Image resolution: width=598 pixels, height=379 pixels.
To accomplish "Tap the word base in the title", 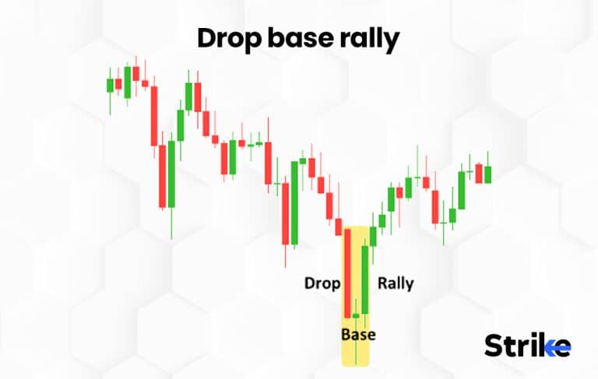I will [302, 37].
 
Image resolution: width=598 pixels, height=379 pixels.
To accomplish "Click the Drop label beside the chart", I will [321, 283].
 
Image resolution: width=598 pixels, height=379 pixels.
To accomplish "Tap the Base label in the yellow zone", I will [358, 335].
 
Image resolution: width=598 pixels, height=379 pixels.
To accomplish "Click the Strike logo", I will [527, 345].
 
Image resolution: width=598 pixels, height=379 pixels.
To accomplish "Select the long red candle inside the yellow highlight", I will [347, 272].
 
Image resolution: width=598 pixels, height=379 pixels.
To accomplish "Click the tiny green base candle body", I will [356, 315].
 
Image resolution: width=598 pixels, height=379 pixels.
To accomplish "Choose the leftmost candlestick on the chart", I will [110, 85].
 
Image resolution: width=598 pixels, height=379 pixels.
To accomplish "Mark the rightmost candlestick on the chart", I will [487, 174].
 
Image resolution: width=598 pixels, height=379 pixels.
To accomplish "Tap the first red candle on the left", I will [118, 83].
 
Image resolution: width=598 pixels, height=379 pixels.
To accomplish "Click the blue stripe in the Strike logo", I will [557, 348].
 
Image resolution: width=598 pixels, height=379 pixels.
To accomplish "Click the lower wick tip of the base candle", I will [356, 363].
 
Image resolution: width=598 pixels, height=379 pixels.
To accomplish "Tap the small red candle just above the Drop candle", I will [339, 227].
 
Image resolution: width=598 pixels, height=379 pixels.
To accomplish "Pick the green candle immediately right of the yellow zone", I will [373, 236].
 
